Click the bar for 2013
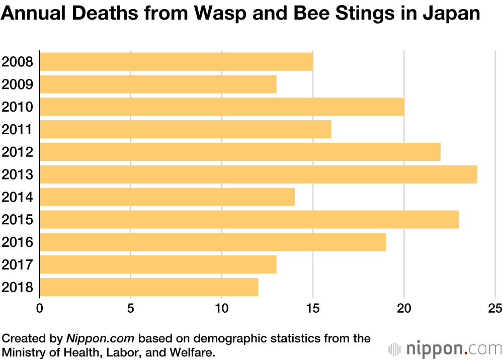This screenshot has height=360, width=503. pyautogui.click(x=258, y=174)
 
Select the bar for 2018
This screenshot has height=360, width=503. pyautogui.click(x=149, y=287)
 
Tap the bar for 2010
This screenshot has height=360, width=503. pyautogui.click(x=222, y=107)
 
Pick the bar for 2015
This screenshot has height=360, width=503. pyautogui.click(x=249, y=220)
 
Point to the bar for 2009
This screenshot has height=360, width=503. pyautogui.click(x=158, y=84)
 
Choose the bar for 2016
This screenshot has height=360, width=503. pyautogui.click(x=213, y=242)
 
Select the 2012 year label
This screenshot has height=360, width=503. pyautogui.click(x=18, y=152)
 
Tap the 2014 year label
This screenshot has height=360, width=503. pyautogui.click(x=18, y=197)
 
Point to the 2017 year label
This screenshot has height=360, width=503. pyautogui.click(x=18, y=265)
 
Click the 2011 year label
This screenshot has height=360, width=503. pyautogui.click(x=18, y=130)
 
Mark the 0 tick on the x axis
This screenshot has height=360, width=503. pyautogui.click(x=40, y=308)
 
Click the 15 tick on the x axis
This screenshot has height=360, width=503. pyautogui.click(x=313, y=308)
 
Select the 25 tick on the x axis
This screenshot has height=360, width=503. pyautogui.click(x=495, y=308)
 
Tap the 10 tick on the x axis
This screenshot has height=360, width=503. pyautogui.click(x=222, y=308)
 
